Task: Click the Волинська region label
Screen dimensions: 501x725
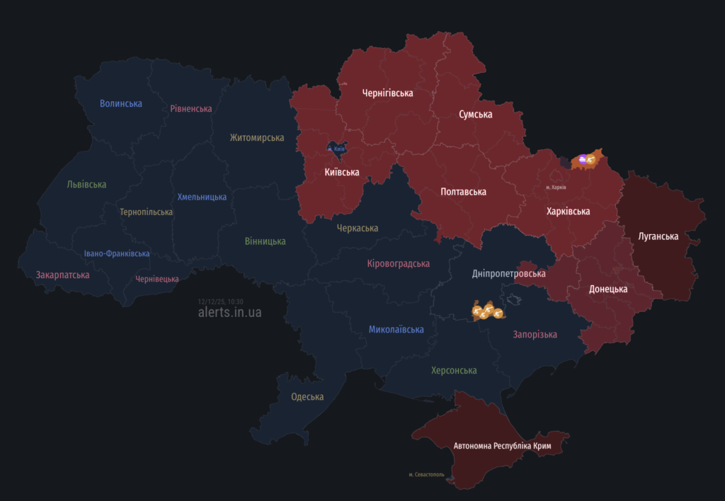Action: tap(120, 103)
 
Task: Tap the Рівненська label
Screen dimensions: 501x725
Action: tap(191, 108)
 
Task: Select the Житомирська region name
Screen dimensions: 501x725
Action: tap(257, 137)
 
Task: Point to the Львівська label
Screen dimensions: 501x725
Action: tap(86, 184)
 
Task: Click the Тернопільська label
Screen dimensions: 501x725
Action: tap(146, 212)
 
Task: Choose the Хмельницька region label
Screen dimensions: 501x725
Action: tap(202, 197)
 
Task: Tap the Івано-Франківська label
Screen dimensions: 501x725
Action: tap(117, 253)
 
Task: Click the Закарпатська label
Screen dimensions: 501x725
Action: tap(62, 275)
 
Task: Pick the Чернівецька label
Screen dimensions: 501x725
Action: tap(157, 279)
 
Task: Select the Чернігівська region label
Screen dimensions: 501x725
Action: tap(387, 93)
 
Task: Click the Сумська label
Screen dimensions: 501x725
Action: tap(475, 114)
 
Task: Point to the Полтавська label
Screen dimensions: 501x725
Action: tap(463, 192)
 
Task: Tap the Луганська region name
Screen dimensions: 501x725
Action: tap(658, 236)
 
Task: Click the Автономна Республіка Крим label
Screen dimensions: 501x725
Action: tap(502, 446)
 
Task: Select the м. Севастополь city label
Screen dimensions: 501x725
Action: tap(426, 474)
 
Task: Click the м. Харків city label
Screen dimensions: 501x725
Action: tap(556, 187)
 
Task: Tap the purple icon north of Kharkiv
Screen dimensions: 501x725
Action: tap(582, 160)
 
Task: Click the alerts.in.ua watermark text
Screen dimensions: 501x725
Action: tap(229, 312)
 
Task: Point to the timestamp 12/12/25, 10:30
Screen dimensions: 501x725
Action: tap(220, 301)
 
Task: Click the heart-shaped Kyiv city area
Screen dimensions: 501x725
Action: tap(336, 149)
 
